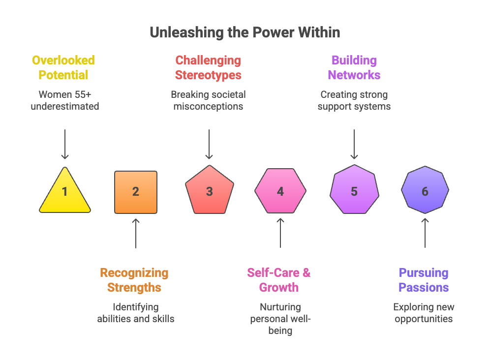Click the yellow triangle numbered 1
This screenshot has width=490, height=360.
click(65, 193)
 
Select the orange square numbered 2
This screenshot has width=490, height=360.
click(136, 192)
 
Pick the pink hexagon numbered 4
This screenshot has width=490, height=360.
click(280, 191)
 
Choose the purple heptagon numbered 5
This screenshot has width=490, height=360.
click(354, 191)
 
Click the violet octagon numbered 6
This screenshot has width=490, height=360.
click(425, 191)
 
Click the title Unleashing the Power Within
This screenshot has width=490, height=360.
click(245, 33)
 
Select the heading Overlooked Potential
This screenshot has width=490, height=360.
click(63, 68)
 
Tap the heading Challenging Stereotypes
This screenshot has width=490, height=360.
click(208, 68)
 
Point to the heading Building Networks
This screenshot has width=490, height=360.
click(354, 68)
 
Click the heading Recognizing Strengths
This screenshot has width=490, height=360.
click(134, 280)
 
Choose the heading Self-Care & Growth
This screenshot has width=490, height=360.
click(279, 280)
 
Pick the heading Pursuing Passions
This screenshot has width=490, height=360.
click(424, 280)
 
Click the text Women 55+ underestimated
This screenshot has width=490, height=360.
click(65, 100)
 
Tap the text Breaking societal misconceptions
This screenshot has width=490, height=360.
click(208, 100)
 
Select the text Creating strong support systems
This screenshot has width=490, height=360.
click(354, 100)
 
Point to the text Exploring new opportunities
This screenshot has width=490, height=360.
click(424, 313)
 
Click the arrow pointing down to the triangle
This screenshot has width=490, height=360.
click(65, 144)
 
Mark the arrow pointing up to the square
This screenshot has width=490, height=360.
click(136, 233)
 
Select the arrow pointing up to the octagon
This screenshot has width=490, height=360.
click(425, 233)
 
